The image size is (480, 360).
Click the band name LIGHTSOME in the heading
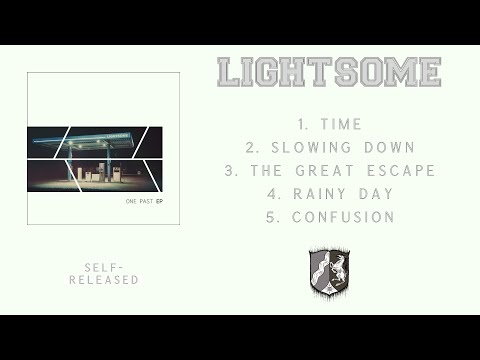pos(329,72)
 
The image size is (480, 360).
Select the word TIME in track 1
pos(342,124)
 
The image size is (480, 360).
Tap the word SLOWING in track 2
pos(303,147)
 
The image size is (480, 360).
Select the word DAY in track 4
pos(376,193)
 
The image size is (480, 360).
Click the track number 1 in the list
pos(301,124)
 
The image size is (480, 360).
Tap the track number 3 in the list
pos(230,170)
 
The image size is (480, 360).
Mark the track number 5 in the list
pos(272,216)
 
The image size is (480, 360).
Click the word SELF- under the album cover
pos(104,268)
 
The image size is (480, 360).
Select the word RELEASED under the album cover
pos(104,280)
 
